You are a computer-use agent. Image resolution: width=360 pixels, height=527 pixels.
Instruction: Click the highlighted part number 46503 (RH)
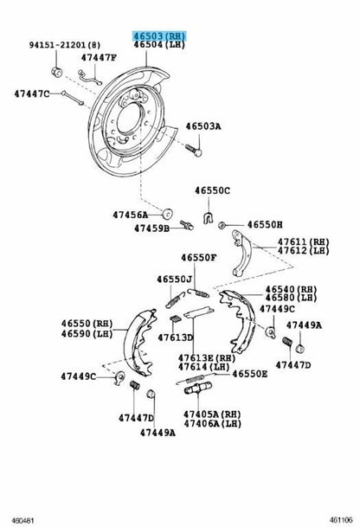click(x=159, y=35)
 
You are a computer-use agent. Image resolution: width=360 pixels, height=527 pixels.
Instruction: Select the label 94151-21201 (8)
click(x=65, y=44)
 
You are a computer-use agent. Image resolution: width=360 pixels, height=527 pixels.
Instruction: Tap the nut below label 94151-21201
click(x=56, y=72)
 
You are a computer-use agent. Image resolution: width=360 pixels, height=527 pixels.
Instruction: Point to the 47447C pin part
click(x=73, y=98)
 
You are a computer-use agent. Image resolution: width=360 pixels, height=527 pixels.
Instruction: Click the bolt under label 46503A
click(x=193, y=150)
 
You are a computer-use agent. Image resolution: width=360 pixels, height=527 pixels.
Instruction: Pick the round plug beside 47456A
click(x=167, y=213)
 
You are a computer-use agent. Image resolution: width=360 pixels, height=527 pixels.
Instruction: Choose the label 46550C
click(x=212, y=190)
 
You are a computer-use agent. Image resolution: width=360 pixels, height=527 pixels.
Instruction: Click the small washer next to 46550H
click(x=222, y=225)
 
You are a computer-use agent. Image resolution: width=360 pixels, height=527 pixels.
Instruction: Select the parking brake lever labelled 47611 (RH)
click(x=242, y=253)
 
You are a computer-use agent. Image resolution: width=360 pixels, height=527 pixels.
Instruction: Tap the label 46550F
click(x=199, y=258)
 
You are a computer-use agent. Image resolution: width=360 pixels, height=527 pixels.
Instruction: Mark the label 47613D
click(x=176, y=337)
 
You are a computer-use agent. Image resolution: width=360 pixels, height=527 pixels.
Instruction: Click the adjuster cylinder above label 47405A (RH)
click(x=197, y=388)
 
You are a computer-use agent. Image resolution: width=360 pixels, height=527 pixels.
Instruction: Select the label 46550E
click(x=250, y=374)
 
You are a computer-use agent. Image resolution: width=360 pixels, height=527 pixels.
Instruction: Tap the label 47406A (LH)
click(x=212, y=423)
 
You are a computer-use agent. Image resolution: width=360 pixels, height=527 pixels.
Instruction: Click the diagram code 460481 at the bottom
click(x=22, y=520)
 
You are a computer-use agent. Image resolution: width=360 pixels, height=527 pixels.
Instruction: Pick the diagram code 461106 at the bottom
click(x=341, y=520)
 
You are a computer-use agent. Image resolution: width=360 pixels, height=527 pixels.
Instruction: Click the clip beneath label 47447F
click(x=90, y=78)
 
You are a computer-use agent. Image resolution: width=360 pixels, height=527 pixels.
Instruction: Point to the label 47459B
click(x=152, y=228)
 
